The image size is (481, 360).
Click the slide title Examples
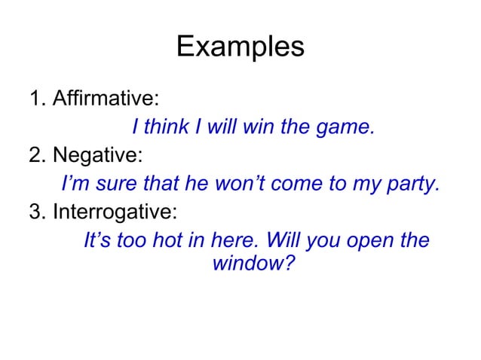click(x=240, y=47)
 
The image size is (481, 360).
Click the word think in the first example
click(x=167, y=127)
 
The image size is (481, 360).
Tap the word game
click(x=347, y=129)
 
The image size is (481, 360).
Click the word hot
click(x=188, y=242)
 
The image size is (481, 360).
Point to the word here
click(x=240, y=242)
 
